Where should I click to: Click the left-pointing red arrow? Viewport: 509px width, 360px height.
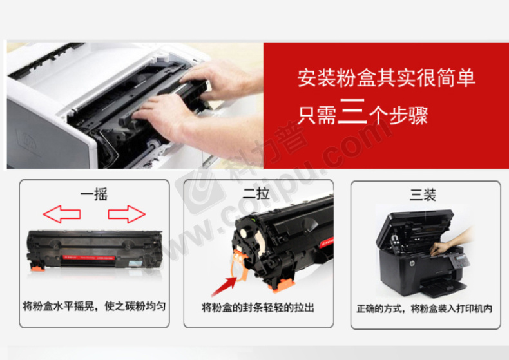click(x=62, y=214)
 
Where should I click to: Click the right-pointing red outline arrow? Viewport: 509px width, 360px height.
click(x=127, y=214)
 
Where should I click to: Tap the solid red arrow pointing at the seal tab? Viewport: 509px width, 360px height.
click(x=224, y=286)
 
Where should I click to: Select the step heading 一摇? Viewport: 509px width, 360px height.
click(x=94, y=194)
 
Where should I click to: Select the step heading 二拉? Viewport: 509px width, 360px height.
click(x=256, y=193)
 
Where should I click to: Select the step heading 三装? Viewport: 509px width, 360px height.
click(x=423, y=194)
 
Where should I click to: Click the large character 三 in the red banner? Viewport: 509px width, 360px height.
click(x=352, y=111)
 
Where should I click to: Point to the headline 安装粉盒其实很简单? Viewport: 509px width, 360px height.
click(x=387, y=78)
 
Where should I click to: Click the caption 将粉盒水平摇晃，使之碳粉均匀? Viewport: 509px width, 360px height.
click(x=94, y=306)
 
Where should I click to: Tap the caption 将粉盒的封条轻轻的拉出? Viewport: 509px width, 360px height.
click(x=258, y=307)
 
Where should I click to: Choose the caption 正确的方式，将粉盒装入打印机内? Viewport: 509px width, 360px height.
click(x=425, y=308)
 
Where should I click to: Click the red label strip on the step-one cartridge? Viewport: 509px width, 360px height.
click(x=89, y=258)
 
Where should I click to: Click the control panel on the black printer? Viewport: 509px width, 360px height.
click(x=459, y=260)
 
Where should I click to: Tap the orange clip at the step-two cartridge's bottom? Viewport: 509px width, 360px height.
click(x=282, y=285)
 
